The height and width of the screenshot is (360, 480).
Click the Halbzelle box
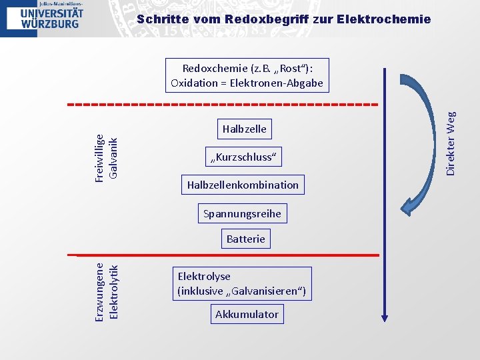click(244, 129)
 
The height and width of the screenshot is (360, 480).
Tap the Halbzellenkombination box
click(243, 185)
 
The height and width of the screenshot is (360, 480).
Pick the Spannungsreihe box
click(242, 214)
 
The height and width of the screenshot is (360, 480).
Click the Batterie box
click(245, 239)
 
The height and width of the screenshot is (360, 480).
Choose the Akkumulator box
click(247, 314)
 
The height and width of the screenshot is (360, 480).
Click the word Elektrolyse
click(204, 276)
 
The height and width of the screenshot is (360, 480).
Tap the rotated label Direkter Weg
click(451, 143)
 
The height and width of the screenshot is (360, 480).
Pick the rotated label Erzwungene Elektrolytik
click(106, 291)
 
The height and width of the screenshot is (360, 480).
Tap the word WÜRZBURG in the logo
click(50, 23)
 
